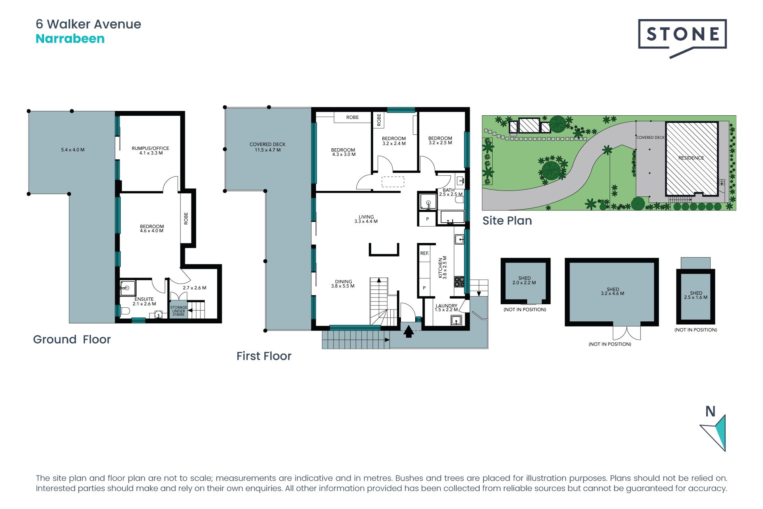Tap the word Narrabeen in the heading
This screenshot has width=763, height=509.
click(x=70, y=39)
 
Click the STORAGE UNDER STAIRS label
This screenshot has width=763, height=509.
click(x=178, y=311)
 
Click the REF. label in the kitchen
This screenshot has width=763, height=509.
click(x=424, y=253)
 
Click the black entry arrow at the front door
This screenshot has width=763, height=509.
click(x=409, y=331)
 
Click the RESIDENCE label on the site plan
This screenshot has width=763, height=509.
click(x=691, y=158)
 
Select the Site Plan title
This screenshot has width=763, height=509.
click(x=507, y=220)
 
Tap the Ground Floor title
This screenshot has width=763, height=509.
click(x=72, y=339)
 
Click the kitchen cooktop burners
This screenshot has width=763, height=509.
click(x=459, y=282)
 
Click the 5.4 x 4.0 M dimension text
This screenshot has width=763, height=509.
click(x=73, y=150)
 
